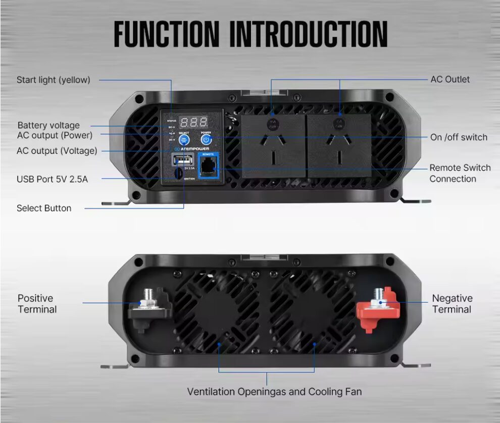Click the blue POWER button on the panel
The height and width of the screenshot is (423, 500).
[x=206, y=139]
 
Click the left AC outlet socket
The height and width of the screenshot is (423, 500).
[x=273, y=145]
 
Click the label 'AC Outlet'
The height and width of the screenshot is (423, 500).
[x=450, y=79]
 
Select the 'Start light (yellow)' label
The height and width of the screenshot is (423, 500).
[x=54, y=80]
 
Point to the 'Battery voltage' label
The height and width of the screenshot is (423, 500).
[x=48, y=125]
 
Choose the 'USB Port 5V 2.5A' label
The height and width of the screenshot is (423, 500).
[x=52, y=179]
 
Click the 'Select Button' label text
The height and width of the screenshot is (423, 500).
[x=44, y=208]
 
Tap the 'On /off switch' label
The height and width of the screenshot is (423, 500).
[x=459, y=137]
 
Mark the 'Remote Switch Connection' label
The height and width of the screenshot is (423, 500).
[x=460, y=173]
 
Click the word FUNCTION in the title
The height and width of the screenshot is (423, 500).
[x=167, y=34]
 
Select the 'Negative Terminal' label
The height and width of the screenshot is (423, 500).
[x=452, y=304]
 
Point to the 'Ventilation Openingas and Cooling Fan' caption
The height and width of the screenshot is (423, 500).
[x=274, y=391]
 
